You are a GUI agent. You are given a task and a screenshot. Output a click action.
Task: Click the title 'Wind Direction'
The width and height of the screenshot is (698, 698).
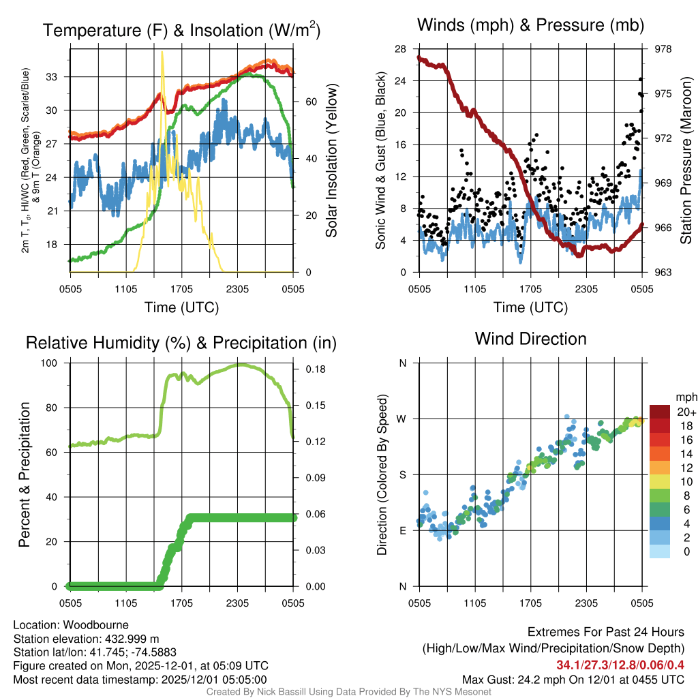530,339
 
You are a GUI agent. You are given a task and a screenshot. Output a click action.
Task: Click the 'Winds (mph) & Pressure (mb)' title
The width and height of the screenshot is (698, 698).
530,26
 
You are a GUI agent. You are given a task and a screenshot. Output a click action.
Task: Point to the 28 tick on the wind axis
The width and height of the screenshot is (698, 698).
400,49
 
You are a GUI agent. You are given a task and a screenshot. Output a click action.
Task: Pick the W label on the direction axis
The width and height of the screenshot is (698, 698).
402,419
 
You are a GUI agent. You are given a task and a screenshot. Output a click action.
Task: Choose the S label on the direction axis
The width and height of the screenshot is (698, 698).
402,474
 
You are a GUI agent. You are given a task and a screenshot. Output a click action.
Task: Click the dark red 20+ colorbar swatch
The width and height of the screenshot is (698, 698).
661,412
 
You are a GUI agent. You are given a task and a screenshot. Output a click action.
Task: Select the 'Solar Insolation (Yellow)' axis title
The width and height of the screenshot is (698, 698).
332,160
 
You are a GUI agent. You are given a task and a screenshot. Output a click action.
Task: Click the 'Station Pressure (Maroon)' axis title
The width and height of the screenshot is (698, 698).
686,160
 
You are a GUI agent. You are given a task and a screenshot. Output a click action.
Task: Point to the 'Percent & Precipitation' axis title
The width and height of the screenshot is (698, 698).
24,474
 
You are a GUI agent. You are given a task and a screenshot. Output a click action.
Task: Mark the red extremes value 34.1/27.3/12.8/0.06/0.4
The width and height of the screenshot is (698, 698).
620,665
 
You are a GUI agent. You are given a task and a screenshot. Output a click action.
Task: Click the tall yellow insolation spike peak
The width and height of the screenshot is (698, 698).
162,52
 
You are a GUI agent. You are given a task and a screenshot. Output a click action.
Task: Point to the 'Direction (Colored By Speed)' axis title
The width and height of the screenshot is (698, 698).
382,474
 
